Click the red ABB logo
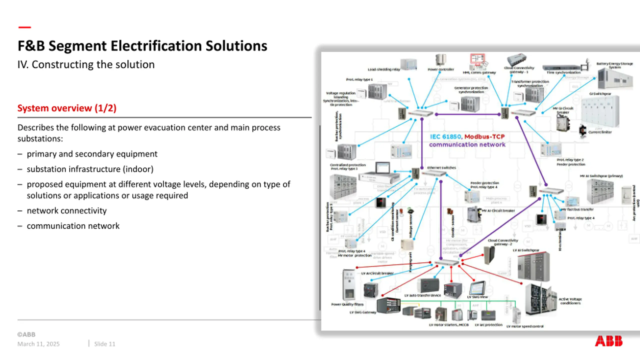click(608, 341)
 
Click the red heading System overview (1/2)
click(67, 108)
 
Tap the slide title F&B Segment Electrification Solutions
click(142, 46)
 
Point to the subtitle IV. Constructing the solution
click(86, 64)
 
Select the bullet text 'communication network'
click(73, 226)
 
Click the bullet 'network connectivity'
click(66, 210)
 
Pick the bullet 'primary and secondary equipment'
click(92, 154)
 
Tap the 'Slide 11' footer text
click(104, 344)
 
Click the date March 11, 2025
click(38, 344)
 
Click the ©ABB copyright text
click(26, 334)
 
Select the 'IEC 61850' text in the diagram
click(445, 137)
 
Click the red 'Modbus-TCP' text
click(484, 137)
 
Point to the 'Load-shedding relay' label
click(384, 69)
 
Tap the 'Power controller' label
click(441, 69)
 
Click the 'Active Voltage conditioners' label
click(570, 301)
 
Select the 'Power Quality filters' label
click(347, 304)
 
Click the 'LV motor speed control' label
click(525, 326)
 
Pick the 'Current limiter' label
click(600, 132)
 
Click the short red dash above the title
click(24, 27)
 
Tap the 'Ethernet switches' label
click(441, 168)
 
